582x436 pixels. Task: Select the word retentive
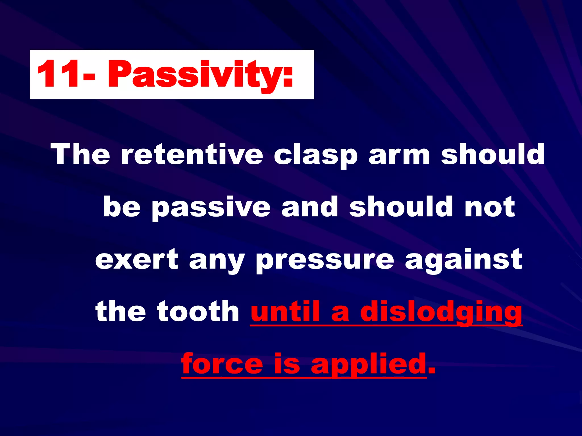(192, 154)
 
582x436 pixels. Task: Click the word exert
(137, 259)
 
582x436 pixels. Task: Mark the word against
(463, 259)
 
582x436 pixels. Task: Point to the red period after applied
(431, 371)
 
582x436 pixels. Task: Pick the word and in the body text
(310, 207)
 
